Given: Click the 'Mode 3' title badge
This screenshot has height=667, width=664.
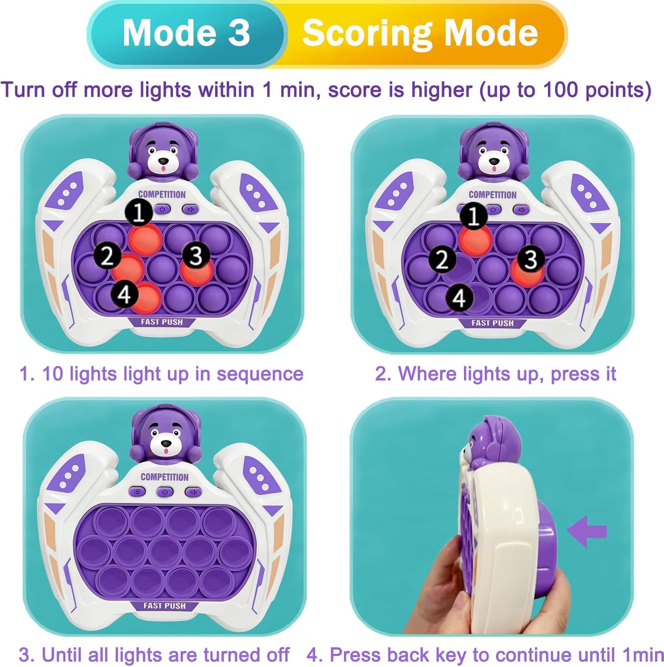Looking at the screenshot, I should pos(186,33).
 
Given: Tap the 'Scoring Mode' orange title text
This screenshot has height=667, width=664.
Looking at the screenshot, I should pos(420,33).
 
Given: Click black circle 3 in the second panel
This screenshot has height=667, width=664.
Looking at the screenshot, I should pos(531,259).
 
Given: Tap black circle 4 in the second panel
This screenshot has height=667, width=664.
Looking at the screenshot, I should pos(460,298).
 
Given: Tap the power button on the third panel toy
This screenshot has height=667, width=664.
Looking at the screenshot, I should pos(165,492).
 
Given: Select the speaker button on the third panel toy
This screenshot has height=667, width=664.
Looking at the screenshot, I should pos(193,492).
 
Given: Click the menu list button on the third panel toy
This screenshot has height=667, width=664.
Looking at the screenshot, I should pos(137,492).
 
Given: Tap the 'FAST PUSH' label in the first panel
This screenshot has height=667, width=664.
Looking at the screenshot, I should pos(162,321).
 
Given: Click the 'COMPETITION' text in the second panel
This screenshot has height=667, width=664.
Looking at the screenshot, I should pos(493,194).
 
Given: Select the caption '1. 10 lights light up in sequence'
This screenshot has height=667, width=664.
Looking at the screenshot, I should pos(161,374).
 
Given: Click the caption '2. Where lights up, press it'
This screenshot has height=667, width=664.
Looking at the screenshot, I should pos(495,374).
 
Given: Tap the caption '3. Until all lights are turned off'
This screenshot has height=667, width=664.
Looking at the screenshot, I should pos(154,655).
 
